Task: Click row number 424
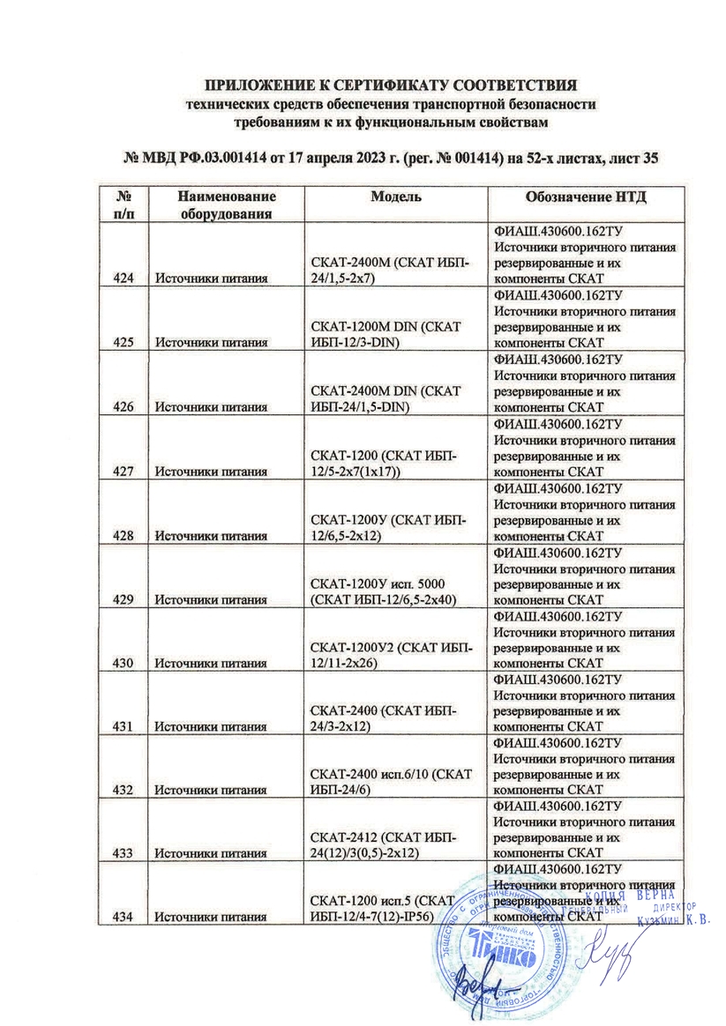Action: point(123,279)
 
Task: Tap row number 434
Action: point(123,918)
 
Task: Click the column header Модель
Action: point(395,197)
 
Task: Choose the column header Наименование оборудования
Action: point(226,204)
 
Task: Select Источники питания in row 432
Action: point(212,791)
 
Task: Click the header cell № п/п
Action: point(123,204)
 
